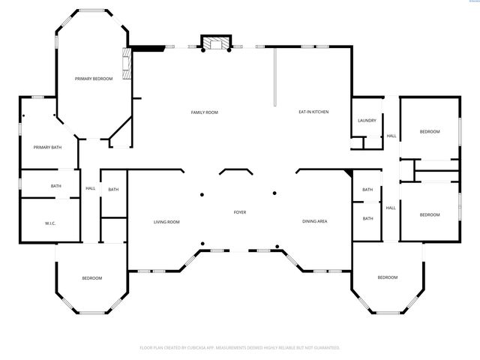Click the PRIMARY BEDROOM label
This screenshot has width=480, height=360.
[x=94, y=79]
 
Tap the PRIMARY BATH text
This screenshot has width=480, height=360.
[x=47, y=147]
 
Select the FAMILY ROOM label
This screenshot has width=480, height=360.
[x=204, y=112]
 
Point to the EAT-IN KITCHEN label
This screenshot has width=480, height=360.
[x=314, y=112]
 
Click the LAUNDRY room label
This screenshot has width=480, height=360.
[x=367, y=121]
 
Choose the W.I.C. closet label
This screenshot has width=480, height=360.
[x=51, y=222]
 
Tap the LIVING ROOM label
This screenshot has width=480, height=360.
[x=166, y=221]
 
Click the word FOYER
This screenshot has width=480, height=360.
[x=239, y=212]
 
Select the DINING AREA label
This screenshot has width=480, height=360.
[x=314, y=221]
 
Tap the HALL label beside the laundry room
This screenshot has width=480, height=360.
[x=391, y=136]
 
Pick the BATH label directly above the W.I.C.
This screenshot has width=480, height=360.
[x=56, y=186]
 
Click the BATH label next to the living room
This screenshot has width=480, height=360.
[x=113, y=190]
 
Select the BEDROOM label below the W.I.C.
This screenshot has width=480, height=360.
[x=91, y=278]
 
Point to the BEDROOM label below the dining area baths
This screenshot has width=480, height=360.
[x=387, y=277]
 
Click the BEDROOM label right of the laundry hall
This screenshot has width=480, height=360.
[x=429, y=132]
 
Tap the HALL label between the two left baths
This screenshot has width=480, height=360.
[x=90, y=189]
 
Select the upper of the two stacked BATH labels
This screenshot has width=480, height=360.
[x=367, y=190]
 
